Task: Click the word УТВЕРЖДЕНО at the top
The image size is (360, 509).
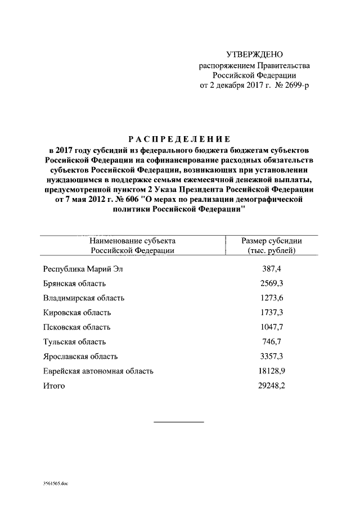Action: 254,55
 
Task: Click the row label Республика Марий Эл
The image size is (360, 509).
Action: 83,269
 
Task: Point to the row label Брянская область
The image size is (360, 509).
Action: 74,283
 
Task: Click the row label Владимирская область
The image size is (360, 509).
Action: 84,298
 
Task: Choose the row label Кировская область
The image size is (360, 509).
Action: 77,313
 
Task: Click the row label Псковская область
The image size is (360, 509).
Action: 76,327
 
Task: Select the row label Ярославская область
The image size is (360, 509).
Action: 80,357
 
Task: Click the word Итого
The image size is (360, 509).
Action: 54,386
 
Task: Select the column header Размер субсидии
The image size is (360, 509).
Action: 271,241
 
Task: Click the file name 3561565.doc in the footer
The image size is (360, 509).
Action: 55,483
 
